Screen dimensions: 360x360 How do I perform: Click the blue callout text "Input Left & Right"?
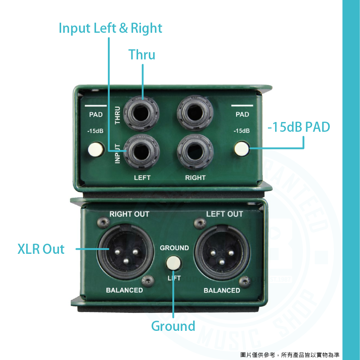[110, 28]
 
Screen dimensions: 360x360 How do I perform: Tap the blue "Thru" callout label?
[142, 55]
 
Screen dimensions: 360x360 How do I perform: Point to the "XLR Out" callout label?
[41, 249]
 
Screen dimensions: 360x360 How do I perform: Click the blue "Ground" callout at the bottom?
[173, 326]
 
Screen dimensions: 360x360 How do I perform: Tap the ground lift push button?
[174, 262]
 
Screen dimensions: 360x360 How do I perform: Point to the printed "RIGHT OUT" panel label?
[129, 214]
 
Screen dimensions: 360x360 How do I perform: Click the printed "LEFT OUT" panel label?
[224, 214]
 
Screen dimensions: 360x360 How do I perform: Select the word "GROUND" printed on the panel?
[174, 248]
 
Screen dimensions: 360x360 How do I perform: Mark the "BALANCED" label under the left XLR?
[124, 290]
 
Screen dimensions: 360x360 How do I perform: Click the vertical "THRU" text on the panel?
[118, 115]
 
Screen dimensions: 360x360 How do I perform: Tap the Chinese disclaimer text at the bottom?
[290, 355]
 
